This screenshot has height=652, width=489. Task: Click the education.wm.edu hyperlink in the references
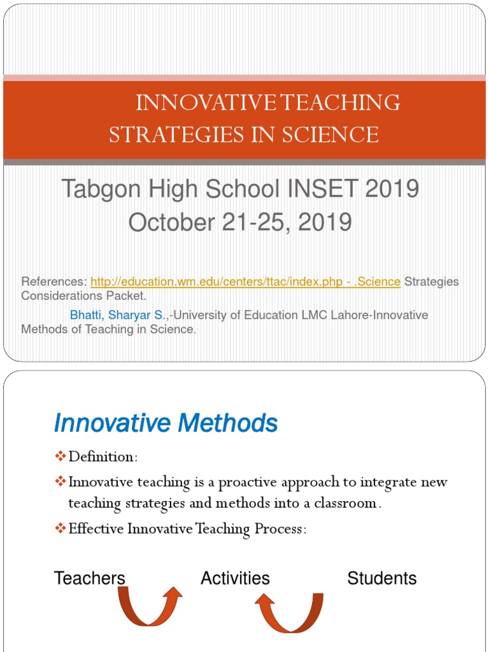245,281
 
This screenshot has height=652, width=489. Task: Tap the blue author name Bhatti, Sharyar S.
119,315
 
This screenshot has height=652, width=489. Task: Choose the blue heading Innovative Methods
166,423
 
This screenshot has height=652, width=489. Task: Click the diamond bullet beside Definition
60,457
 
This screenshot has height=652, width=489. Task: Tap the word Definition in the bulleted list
103,457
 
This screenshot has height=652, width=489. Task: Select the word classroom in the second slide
348,503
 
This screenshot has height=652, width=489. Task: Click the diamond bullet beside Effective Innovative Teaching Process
60,528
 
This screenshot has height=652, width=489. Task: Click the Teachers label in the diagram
90,578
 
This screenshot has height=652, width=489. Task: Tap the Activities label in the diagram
235,578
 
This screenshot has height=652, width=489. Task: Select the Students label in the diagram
381,578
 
